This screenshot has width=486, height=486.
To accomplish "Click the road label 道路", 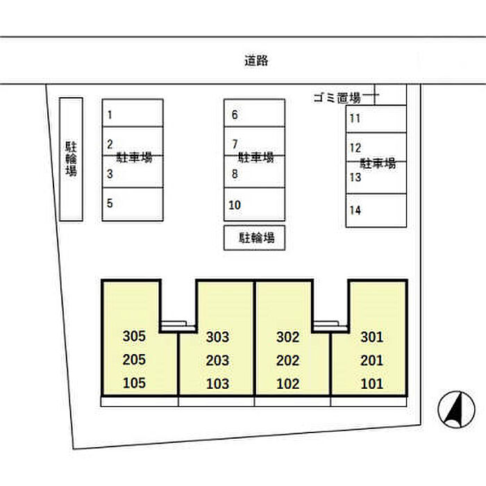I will [256, 60].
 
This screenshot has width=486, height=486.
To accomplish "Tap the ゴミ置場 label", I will [337, 98].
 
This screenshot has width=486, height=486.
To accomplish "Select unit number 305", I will [134, 337].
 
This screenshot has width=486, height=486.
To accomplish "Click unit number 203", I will [218, 361].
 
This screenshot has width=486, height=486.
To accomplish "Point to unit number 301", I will [371, 337].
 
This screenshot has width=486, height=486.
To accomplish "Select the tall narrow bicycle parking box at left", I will [71, 159].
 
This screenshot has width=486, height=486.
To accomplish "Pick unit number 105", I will [134, 383].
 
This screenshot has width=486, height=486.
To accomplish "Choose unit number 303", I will [218, 338].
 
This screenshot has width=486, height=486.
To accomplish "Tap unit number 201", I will [371, 361].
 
